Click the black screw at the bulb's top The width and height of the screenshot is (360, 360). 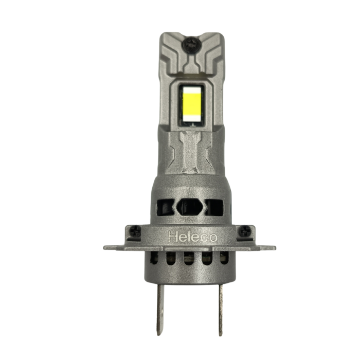click(192, 45)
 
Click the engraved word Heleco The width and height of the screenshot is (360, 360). click(193, 237)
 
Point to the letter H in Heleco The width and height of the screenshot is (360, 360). click(173, 237)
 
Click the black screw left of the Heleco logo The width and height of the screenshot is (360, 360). click(135, 231)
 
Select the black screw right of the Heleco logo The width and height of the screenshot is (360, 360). click(244, 231)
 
